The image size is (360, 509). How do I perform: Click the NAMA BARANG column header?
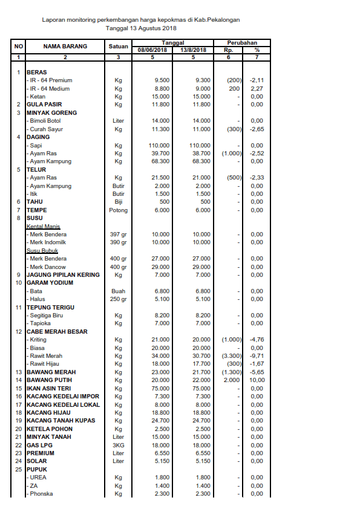(x=65, y=46)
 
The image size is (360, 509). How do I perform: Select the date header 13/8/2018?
(x=194, y=50)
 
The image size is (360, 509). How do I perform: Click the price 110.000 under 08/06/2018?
(x=159, y=146)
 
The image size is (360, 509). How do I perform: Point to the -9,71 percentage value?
(x=257, y=356)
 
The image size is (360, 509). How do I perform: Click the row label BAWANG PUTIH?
(x=50, y=380)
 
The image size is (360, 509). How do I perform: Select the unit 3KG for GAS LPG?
(x=119, y=445)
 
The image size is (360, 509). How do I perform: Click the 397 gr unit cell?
(x=119, y=234)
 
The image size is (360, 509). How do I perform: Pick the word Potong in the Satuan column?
(x=119, y=210)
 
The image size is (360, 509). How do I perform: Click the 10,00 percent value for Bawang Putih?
(x=257, y=380)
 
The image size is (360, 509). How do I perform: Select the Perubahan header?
(x=242, y=43)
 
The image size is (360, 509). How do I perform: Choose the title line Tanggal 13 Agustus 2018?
(x=141, y=28)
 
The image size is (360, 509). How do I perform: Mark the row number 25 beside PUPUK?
(x=19, y=469)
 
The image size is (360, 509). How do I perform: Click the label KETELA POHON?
(x=50, y=429)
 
